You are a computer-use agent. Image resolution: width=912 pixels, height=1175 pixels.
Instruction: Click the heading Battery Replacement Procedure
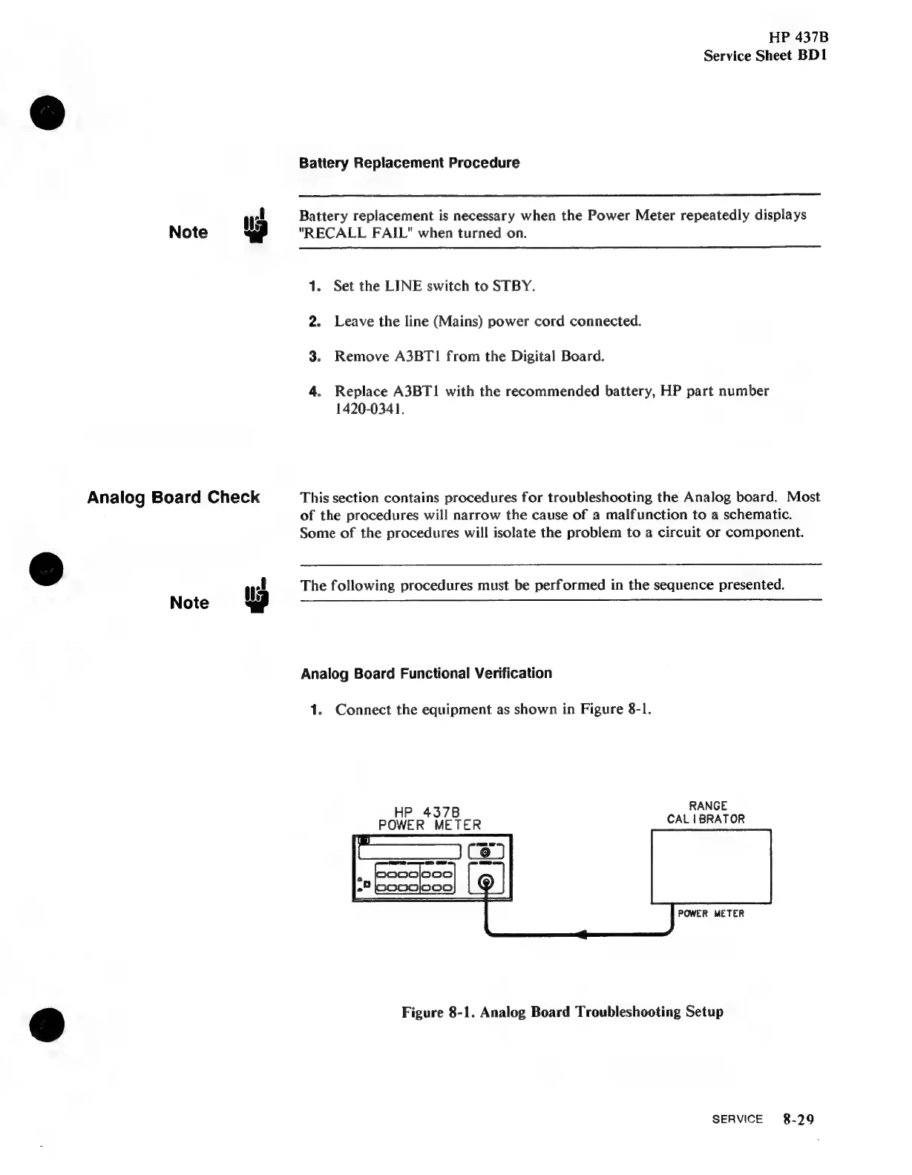pyautogui.click(x=409, y=162)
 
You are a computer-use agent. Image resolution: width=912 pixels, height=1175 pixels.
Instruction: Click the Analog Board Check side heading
pyautogui.click(x=174, y=497)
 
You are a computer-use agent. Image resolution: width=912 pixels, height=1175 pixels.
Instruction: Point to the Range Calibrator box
pyautogui.click(x=711, y=866)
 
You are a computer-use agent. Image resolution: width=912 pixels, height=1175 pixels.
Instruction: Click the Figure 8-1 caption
pyautogui.click(x=562, y=1012)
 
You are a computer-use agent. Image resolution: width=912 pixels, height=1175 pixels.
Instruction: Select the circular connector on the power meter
pyautogui.click(x=486, y=882)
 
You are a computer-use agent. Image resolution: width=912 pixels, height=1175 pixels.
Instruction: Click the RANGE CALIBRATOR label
pyautogui.click(x=706, y=812)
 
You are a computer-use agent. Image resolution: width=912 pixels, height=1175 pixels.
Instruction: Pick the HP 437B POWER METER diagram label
pyautogui.click(x=430, y=817)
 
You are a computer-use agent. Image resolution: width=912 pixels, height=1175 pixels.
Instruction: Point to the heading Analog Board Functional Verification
pyautogui.click(x=426, y=674)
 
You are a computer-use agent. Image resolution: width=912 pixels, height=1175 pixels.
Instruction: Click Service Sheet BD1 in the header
pyautogui.click(x=765, y=56)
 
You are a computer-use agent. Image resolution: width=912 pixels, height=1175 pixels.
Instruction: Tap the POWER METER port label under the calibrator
pyautogui.click(x=710, y=914)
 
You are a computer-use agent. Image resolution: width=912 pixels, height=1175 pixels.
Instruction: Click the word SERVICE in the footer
pyautogui.click(x=737, y=1119)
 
